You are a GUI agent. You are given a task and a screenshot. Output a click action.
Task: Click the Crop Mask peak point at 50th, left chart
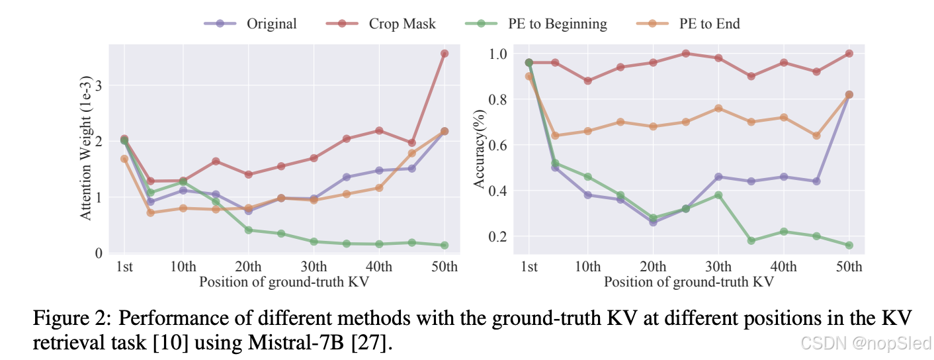coord(445,54)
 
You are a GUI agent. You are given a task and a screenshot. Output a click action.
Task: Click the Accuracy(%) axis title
coord(480,151)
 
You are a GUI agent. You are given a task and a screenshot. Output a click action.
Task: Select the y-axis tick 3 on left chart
coord(99,85)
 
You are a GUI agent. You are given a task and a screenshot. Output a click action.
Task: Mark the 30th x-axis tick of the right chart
coord(718,267)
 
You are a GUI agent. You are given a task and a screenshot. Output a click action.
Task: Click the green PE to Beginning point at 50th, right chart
coord(849,245)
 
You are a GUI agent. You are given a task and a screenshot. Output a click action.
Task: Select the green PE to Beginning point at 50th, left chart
coord(445,245)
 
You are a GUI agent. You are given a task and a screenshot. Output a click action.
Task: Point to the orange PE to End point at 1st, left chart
coord(124,159)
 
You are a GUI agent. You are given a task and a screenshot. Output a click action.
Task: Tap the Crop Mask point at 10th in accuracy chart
coord(587,81)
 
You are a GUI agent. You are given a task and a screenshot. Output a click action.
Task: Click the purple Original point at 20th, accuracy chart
coord(653,222)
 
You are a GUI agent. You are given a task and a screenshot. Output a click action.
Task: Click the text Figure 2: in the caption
coord(70,318)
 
